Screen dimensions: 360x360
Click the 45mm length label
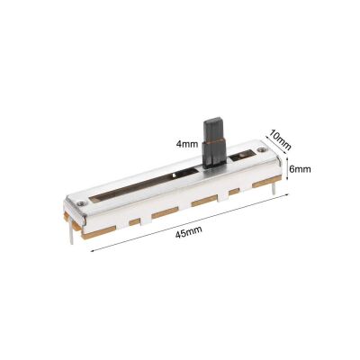[x=188, y=232]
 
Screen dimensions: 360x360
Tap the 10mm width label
[x=280, y=139]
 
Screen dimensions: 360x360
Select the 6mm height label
[x=300, y=169]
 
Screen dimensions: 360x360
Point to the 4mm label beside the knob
[x=187, y=144]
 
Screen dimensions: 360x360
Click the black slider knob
[x=214, y=144]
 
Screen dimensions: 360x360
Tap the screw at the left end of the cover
[x=80, y=203]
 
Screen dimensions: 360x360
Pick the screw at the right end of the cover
[x=260, y=149]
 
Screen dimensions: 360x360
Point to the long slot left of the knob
[x=144, y=185]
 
